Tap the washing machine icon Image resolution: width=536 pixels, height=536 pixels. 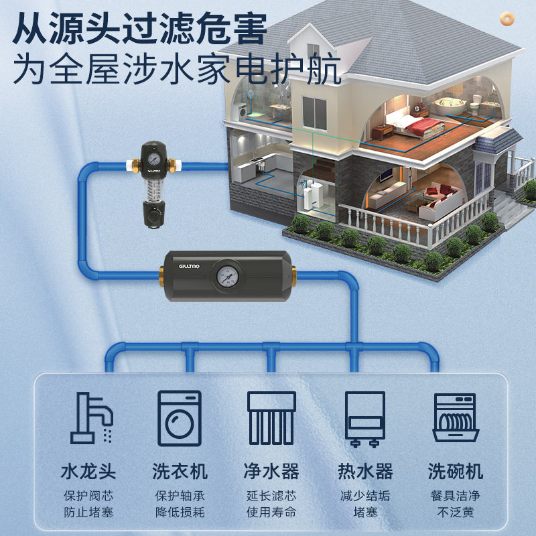tap(180, 417)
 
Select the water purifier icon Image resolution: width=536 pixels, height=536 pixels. tap(271, 417)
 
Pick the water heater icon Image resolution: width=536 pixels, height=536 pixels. tap(364, 419)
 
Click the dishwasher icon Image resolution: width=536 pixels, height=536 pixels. tap(456, 417)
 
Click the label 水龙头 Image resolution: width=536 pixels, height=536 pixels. tap(88, 471)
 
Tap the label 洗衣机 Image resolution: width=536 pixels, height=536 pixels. tap(180, 471)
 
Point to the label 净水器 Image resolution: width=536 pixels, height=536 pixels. tap(271, 471)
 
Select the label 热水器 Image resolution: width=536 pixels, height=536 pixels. tap(364, 471)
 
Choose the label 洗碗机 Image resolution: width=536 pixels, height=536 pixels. tap(456, 471)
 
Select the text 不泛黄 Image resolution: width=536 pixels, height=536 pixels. tap(456, 513)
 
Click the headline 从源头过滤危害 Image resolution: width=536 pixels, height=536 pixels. tap(141, 29)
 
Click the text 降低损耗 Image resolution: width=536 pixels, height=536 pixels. tap(180, 513)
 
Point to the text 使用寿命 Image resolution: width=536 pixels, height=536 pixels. tap(271, 513)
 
